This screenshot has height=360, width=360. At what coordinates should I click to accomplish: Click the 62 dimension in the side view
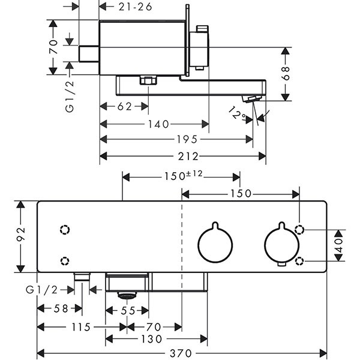124,107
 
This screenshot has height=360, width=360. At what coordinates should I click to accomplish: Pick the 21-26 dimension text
136,7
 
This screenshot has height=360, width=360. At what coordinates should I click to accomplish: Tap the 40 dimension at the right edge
339,245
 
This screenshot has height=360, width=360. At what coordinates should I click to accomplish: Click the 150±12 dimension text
182,176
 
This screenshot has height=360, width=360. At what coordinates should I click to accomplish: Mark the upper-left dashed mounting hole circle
65,229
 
